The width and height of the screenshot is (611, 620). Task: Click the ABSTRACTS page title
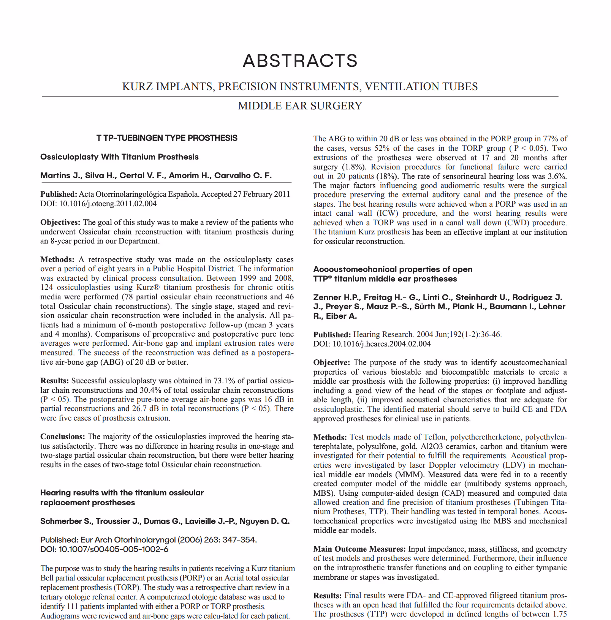click(300, 61)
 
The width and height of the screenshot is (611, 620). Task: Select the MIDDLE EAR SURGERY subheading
click(300, 106)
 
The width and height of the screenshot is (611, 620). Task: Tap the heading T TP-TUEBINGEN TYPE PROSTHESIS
click(167, 138)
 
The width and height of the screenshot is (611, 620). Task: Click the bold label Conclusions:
click(63, 437)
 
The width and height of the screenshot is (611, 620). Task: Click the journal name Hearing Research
click(383, 335)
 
